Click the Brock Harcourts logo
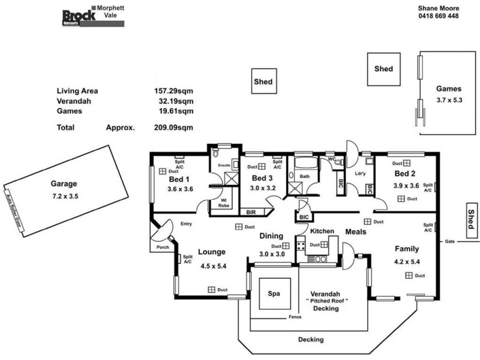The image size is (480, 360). click(x=79, y=17)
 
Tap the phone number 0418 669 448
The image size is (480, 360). click(x=438, y=16)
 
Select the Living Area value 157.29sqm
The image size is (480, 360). click(x=174, y=91)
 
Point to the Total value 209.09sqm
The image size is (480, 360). click(x=174, y=127)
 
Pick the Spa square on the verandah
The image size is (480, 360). click(x=274, y=295)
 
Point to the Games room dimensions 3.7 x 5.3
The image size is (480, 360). click(x=449, y=100)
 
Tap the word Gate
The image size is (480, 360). click(x=449, y=242)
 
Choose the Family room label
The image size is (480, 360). click(x=406, y=248)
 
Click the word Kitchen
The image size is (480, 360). click(x=322, y=231)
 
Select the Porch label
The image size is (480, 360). click(x=162, y=247)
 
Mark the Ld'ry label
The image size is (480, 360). click(x=361, y=174)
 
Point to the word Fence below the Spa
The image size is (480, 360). click(x=295, y=317)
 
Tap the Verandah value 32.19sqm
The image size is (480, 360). click(x=174, y=101)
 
